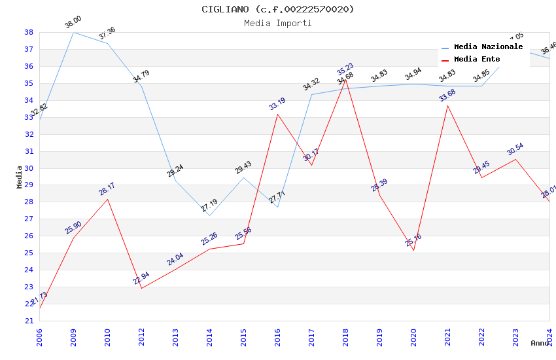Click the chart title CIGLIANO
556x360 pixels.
(x=278, y=9)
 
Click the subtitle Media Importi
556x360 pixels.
(x=278, y=23)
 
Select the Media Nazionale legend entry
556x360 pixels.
(x=488, y=46)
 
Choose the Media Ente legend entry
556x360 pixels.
(x=477, y=59)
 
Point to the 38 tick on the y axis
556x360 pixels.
(x=29, y=32)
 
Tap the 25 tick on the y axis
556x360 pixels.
(x=29, y=253)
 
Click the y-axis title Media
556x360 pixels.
(x=20, y=176)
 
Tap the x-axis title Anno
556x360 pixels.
(x=540, y=343)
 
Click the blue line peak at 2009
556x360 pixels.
(x=73, y=32)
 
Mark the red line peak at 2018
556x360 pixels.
(x=345, y=79)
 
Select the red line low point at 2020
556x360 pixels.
(x=413, y=250)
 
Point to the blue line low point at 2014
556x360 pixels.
(x=209, y=215)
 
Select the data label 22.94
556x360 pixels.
(x=141, y=278)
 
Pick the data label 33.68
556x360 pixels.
(x=447, y=95)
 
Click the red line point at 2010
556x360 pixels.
(x=107, y=199)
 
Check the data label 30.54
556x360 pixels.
(x=515, y=149)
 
